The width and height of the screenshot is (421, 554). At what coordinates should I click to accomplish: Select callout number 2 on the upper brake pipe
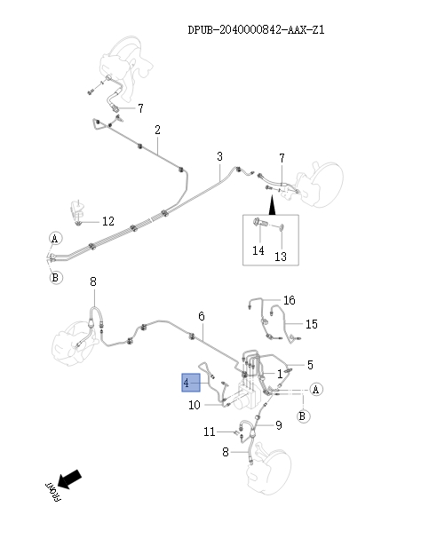pyautogui.click(x=157, y=131)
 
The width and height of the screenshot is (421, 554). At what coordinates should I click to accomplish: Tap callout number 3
pyautogui.click(x=219, y=157)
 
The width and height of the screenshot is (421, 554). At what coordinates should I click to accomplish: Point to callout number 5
pyautogui.click(x=309, y=365)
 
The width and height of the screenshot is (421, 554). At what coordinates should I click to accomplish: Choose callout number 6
pyautogui.click(x=202, y=316)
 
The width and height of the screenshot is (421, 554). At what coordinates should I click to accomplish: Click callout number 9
pyautogui.click(x=278, y=426)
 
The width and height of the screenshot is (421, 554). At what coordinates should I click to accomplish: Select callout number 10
pyautogui.click(x=195, y=406)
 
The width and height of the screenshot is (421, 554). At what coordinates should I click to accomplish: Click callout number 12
pyautogui.click(x=107, y=221)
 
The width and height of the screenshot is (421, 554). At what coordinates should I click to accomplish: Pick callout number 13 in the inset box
pyautogui.click(x=281, y=257)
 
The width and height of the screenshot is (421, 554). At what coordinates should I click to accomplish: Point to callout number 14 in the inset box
pyautogui.click(x=258, y=251)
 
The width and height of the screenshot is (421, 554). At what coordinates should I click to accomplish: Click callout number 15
pyautogui.click(x=312, y=324)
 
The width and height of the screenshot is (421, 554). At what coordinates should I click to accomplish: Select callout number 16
pyautogui.click(x=289, y=301)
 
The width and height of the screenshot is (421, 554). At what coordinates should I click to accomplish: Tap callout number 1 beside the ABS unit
pyautogui.click(x=280, y=374)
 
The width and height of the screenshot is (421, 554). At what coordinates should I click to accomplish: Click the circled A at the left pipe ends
pyautogui.click(x=54, y=240)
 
